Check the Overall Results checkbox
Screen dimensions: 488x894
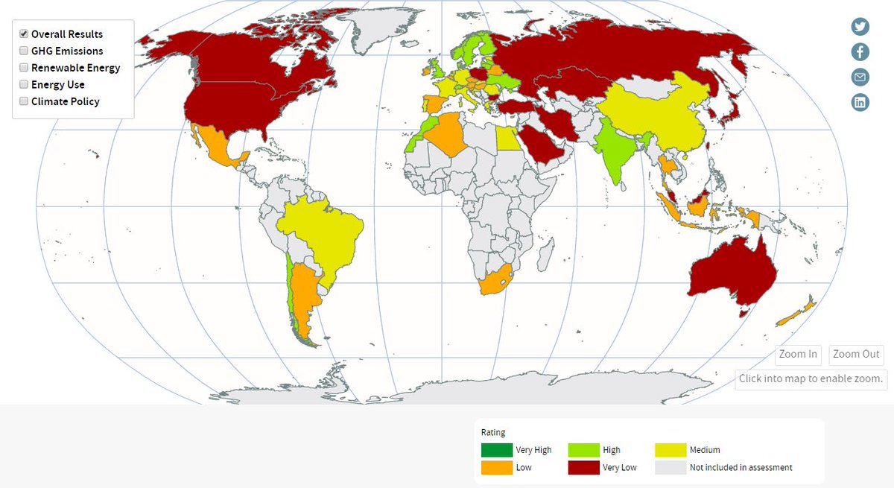tap(24, 34)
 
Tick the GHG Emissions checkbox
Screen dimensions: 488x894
tap(24, 51)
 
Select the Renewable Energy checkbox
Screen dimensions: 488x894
tap(24, 68)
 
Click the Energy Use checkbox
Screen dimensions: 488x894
tap(24, 85)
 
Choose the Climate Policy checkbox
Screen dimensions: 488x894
tap(24, 101)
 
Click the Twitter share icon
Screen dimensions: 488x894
tap(860, 26)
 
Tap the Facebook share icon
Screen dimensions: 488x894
tap(860, 51)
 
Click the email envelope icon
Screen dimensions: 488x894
tap(860, 77)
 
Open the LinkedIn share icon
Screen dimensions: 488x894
tap(860, 102)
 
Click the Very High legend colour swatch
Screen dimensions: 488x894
tap(496, 450)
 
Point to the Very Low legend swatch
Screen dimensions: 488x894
tap(583, 468)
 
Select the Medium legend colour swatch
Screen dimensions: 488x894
tap(670, 450)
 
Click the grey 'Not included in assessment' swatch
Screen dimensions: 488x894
tap(670, 468)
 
